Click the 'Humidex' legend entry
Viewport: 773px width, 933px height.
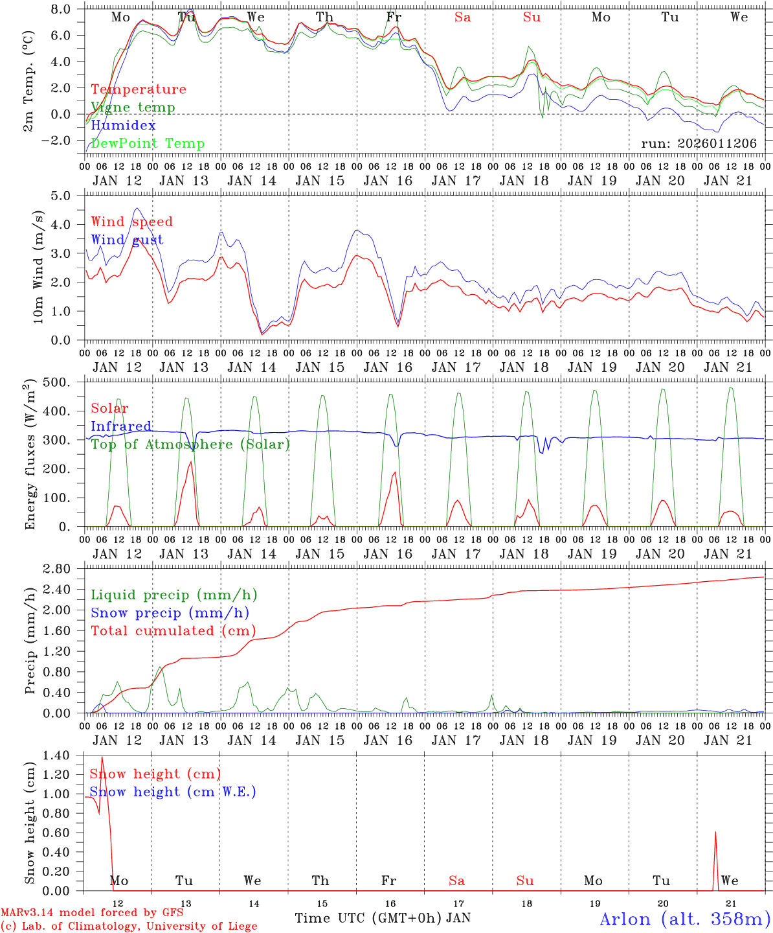coord(123,126)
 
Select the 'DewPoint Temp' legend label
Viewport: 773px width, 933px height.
coord(148,144)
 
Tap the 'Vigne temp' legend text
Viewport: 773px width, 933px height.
coord(133,108)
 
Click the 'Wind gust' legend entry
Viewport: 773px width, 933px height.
coord(127,240)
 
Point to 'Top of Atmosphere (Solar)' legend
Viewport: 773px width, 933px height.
coord(190,444)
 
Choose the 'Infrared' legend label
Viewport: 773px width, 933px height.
coord(121,426)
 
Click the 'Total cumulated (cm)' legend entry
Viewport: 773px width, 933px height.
coord(174,631)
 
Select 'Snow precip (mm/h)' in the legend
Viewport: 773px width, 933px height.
coord(170,613)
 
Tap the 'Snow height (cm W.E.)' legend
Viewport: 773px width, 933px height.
coord(173,792)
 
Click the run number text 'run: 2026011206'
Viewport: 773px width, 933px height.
coord(699,144)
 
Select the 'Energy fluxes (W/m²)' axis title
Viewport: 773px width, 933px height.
coord(29,455)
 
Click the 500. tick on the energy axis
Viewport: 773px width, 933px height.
coord(57,382)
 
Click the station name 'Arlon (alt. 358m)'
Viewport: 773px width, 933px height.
coord(685,919)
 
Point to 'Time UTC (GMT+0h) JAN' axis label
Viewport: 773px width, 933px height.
coord(383,918)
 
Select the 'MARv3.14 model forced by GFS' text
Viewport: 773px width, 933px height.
coord(92,913)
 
